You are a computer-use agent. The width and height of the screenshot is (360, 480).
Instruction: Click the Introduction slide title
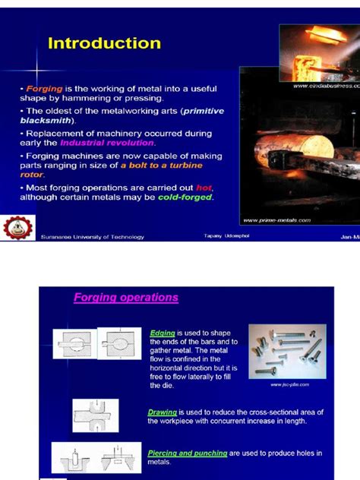pos(104,43)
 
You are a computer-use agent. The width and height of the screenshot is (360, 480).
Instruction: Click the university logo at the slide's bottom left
pos(15,229)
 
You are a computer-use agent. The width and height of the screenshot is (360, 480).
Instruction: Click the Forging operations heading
pos(125,298)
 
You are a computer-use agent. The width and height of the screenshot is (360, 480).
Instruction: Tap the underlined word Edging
pos(162,333)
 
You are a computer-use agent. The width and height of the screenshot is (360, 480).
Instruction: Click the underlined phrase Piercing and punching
pos(188,453)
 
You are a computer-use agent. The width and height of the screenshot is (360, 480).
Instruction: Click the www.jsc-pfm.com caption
pos(289,385)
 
